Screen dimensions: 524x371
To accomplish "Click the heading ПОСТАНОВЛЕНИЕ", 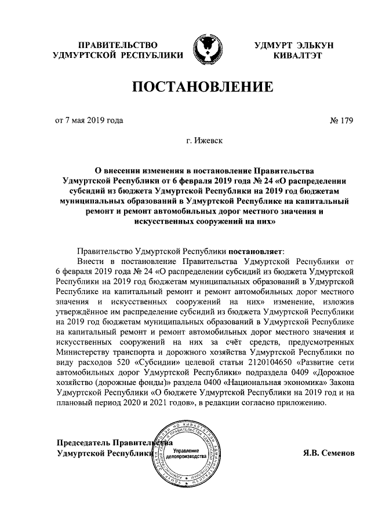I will pos(203,87).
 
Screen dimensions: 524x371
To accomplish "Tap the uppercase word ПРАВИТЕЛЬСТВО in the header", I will pos(118,45).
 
